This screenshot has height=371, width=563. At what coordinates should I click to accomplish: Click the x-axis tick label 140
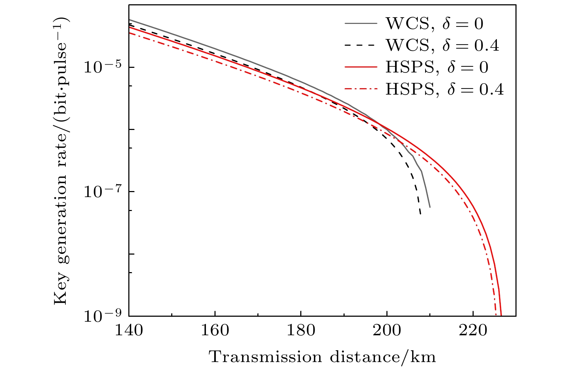coord(129,331)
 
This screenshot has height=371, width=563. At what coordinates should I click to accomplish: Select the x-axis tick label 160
coord(215,331)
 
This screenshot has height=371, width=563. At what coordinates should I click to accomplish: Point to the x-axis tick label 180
coord(301,331)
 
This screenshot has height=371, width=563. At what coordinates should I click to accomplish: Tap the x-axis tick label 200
coord(387,331)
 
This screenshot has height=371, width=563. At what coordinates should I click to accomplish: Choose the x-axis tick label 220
coord(473,331)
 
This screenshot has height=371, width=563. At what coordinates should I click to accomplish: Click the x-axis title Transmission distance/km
coord(322,357)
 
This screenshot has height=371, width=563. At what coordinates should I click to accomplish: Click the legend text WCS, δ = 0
coord(434,24)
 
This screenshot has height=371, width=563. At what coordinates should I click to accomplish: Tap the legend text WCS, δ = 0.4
coord(442,45)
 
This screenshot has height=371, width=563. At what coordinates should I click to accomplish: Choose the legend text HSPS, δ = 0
coord(437,67)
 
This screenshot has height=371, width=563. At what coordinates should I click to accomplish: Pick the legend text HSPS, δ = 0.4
coord(445,89)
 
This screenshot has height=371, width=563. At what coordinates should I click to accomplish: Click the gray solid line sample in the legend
coord(361,24)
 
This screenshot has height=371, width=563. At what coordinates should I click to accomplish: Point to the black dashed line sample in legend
coord(361,45)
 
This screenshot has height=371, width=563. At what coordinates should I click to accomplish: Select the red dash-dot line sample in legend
coord(361,89)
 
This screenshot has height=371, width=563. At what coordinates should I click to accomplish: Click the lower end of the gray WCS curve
coord(430,207)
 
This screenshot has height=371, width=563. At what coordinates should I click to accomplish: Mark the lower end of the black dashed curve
coord(420,214)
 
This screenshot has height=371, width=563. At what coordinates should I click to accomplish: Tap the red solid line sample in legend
coord(361,67)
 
